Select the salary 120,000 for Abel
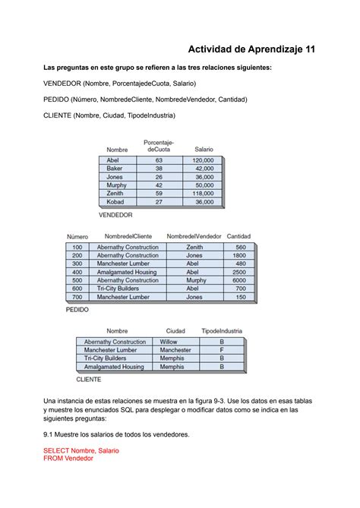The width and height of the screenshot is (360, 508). (x=203, y=161)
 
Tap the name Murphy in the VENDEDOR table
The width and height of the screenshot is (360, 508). (x=117, y=185)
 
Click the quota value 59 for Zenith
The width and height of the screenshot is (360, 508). (x=159, y=194)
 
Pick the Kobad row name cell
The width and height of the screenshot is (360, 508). (x=115, y=202)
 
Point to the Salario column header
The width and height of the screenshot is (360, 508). (x=204, y=150)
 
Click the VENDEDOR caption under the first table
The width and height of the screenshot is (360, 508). (x=115, y=215)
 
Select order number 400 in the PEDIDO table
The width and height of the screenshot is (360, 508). (x=77, y=272)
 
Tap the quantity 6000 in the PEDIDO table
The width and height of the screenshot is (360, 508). (x=239, y=280)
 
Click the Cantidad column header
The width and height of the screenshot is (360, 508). (x=238, y=237)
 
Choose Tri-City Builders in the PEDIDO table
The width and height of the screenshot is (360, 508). (x=117, y=289)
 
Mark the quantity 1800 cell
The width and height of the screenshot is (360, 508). (x=239, y=256)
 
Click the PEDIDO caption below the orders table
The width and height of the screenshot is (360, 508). (x=77, y=310)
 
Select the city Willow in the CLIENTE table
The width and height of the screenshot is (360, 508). (x=168, y=342)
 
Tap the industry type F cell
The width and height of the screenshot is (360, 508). (x=222, y=350)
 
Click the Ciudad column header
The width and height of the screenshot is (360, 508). (x=175, y=331)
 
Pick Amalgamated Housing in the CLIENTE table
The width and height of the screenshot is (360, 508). (x=114, y=367)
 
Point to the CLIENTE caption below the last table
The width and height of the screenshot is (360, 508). (x=89, y=378)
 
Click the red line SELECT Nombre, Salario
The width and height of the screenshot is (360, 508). (x=81, y=450)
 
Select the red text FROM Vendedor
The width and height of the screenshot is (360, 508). (x=68, y=459)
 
